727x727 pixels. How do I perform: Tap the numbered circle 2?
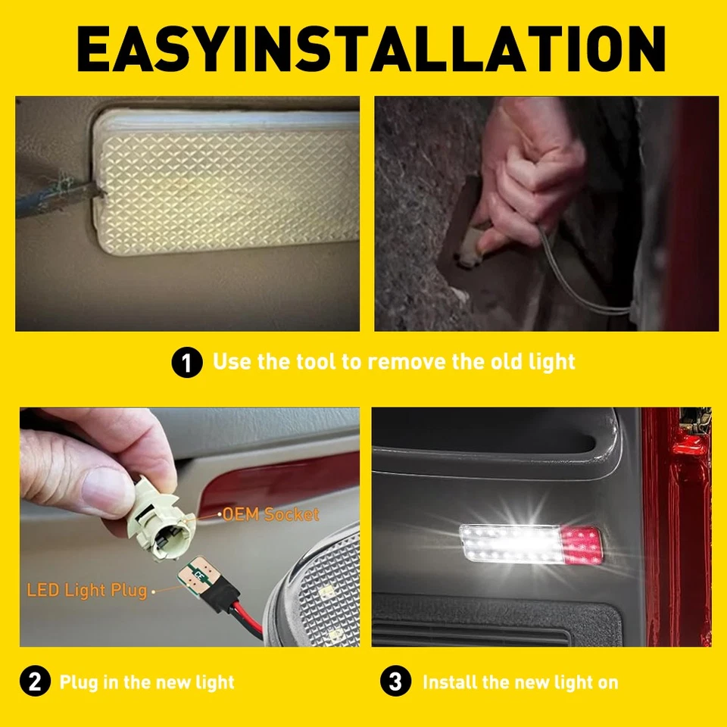point(34,682)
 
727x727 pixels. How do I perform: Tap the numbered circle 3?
point(395,682)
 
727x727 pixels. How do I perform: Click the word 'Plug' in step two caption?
point(78,682)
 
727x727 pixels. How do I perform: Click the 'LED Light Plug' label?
point(86,589)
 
